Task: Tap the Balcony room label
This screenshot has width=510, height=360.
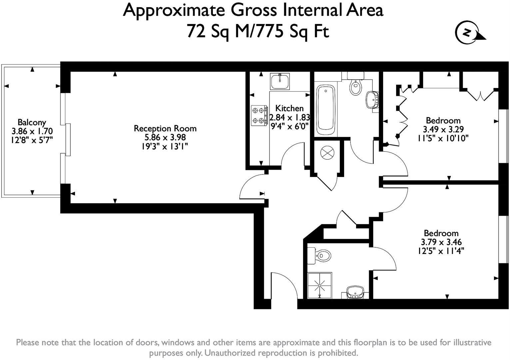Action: coord(32,122)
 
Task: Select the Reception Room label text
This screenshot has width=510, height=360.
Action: coord(165,128)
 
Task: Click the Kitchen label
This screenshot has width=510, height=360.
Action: coord(289,108)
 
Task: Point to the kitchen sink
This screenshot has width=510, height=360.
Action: coord(280,81)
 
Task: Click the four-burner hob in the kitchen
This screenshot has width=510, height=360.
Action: coord(259,116)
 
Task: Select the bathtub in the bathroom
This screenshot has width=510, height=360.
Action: coord(325,110)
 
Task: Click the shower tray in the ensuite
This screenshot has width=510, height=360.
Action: coord(320,285)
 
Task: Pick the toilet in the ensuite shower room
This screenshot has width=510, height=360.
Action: coord(319,256)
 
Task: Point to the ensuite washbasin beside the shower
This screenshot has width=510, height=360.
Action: coord(355,292)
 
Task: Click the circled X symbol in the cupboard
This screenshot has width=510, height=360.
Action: coord(327,153)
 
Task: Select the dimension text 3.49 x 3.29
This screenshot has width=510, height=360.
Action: coord(443,129)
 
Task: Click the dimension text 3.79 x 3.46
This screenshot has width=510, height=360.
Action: coord(441,242)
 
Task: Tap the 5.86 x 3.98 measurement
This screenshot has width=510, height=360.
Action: coord(165,137)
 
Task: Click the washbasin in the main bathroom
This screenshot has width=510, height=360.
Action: coord(372,99)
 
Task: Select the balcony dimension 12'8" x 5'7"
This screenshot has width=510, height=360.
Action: coord(32,140)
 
